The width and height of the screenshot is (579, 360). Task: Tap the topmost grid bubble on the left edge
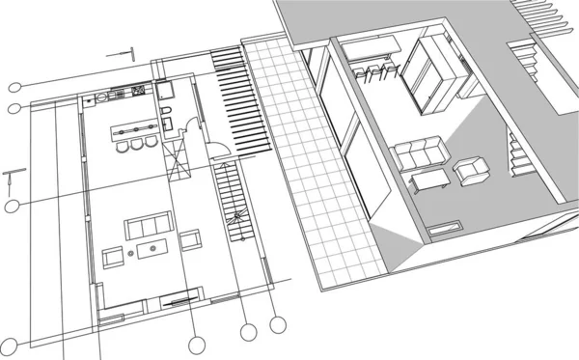point(14,85)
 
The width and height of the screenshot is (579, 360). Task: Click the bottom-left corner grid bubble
point(12,346)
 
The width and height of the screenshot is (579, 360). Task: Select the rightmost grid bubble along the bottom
point(278,325)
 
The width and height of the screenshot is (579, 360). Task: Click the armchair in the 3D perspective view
point(472,172)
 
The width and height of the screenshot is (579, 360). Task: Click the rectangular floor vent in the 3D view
point(446,228)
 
